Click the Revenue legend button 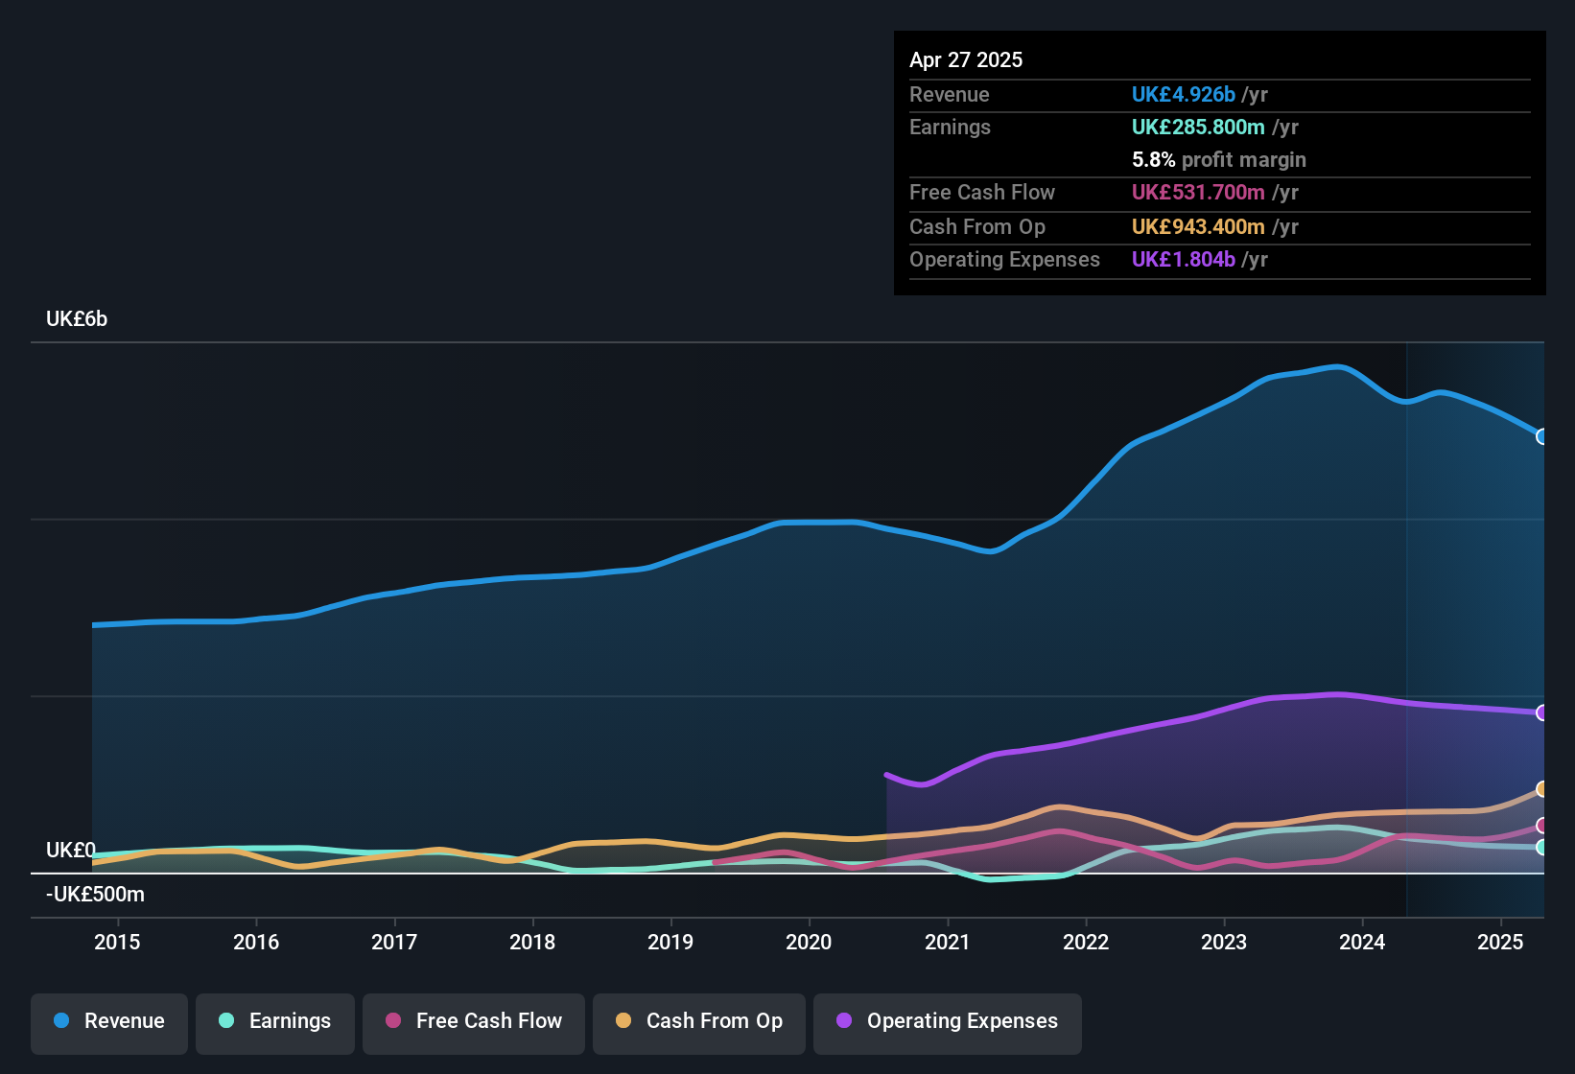(x=109, y=1021)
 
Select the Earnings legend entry (x=275, y=1021)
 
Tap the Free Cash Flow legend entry (x=474, y=1021)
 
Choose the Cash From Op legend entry (x=699, y=1021)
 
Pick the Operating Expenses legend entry (x=948, y=1021)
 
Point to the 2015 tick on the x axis (x=117, y=942)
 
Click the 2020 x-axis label (x=809, y=942)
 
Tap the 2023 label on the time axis (x=1224, y=942)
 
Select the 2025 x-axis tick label (x=1500, y=942)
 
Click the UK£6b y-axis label (x=77, y=319)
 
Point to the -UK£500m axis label (x=95, y=895)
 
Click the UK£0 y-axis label (x=70, y=851)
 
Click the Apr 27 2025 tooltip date (x=966, y=59)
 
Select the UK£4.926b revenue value (x=1183, y=94)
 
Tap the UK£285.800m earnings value (x=1198, y=127)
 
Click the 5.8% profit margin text (x=1218, y=159)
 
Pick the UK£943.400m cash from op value (x=1198, y=226)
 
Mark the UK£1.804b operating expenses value (x=1183, y=259)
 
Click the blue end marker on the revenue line (x=1541, y=436)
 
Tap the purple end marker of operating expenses (x=1541, y=712)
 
